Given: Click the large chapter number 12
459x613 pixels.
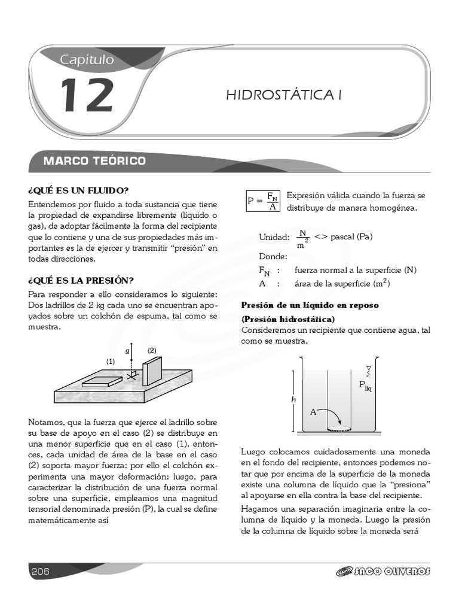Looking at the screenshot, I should pyautogui.click(x=87, y=95).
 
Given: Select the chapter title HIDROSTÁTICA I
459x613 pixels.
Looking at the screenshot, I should pyautogui.click(x=283, y=95).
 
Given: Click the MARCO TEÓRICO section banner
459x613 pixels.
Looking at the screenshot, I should pyautogui.click(x=94, y=161).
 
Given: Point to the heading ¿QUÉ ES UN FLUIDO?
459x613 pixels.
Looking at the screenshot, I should pyautogui.click(x=78, y=190).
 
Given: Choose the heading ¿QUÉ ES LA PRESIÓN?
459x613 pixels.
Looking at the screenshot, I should pyautogui.click(x=81, y=280).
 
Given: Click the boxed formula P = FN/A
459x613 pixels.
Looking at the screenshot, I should pyautogui.click(x=263, y=201).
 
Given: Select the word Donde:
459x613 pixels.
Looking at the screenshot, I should pyautogui.click(x=273, y=256).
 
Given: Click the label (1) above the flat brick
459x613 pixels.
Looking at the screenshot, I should pyautogui.click(x=111, y=362).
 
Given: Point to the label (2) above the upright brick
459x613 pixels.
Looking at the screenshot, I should pyautogui.click(x=152, y=350).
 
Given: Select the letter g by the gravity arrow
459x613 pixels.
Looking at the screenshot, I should pyautogui.click(x=127, y=351).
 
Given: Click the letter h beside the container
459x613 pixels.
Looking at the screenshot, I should pyautogui.click(x=292, y=399).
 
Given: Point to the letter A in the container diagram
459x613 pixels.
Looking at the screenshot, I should pyautogui.click(x=313, y=412).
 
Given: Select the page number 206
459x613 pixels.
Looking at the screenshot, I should pyautogui.click(x=40, y=571).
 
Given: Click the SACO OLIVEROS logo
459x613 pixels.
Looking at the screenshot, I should pyautogui.click(x=383, y=572).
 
